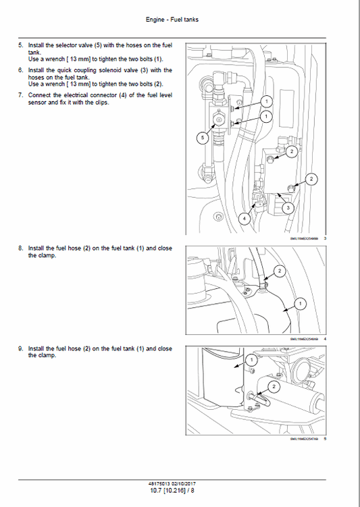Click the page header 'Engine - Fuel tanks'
pos(179,20)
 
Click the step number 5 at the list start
pos(20,45)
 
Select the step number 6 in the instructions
pos(20,70)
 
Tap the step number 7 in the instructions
pos(20,95)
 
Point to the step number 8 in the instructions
pos(20,248)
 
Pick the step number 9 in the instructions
pos(20,348)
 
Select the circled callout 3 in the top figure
pos(287,208)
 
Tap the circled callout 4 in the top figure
pos(244,219)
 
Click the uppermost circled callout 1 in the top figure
pos(266,101)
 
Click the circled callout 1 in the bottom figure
pos(251,361)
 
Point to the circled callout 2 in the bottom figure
pos(274,386)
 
